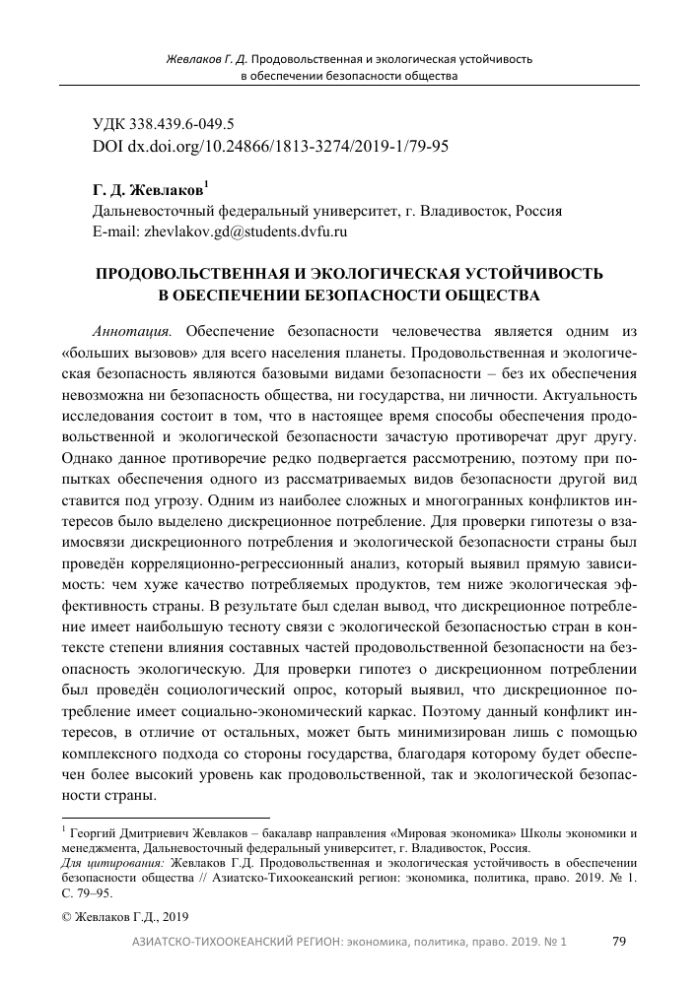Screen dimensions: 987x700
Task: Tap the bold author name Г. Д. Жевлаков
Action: click(148, 191)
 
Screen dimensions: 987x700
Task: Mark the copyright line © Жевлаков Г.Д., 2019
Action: click(117, 915)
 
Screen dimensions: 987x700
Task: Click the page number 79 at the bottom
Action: click(619, 943)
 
